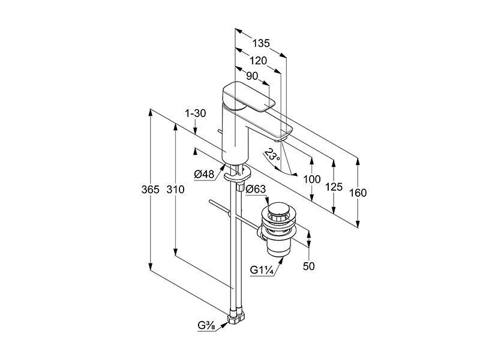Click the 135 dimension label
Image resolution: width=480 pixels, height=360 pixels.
click(x=261, y=43)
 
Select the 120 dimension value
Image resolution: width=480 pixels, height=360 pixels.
click(x=258, y=61)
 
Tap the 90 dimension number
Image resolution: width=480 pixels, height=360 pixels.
click(x=252, y=76)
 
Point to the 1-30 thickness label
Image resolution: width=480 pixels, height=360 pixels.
click(x=196, y=113)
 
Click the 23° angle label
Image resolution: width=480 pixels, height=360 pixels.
click(x=272, y=156)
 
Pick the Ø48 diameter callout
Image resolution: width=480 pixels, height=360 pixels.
click(x=204, y=175)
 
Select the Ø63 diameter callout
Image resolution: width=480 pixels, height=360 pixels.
click(x=256, y=189)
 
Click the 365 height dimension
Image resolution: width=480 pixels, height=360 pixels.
click(x=151, y=190)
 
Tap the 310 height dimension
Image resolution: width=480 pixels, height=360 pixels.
click(x=175, y=190)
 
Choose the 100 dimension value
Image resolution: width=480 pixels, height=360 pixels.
click(x=311, y=179)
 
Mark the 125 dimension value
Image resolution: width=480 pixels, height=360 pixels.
click(x=334, y=187)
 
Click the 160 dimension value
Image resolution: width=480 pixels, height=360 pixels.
click(x=358, y=193)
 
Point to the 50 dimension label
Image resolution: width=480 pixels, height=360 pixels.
click(x=308, y=266)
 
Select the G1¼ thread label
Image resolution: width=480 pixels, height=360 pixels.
click(x=261, y=270)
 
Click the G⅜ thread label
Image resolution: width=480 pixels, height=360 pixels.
click(x=206, y=326)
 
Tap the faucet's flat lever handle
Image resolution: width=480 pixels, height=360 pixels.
click(x=248, y=96)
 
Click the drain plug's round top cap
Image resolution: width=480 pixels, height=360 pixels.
click(x=278, y=209)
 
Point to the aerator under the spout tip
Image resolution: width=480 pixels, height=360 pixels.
click(x=280, y=140)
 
